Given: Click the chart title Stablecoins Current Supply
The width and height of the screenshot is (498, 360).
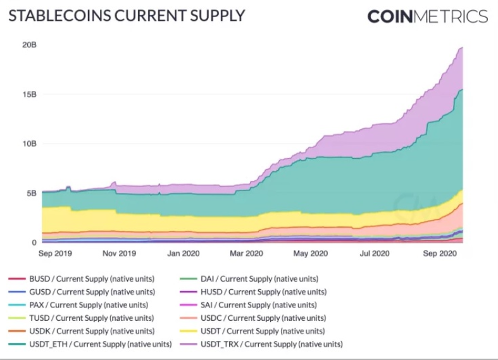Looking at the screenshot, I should [x=126, y=15].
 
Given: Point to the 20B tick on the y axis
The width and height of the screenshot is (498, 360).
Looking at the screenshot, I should [x=29, y=45].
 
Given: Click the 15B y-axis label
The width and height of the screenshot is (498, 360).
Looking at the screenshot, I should [x=29, y=94].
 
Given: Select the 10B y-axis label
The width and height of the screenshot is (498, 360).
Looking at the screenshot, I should [x=29, y=144].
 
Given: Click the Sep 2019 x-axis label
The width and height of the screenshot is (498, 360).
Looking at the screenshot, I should [x=56, y=254].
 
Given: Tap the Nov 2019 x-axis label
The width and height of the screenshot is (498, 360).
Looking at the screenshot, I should [x=119, y=254].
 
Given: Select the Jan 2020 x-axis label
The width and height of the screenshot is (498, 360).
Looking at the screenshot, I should [x=183, y=254].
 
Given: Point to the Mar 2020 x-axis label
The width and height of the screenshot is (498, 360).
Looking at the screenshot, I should [x=246, y=254].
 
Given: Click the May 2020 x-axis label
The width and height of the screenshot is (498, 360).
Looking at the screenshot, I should [x=309, y=254].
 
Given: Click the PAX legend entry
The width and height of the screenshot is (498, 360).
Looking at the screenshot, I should [x=89, y=305].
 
